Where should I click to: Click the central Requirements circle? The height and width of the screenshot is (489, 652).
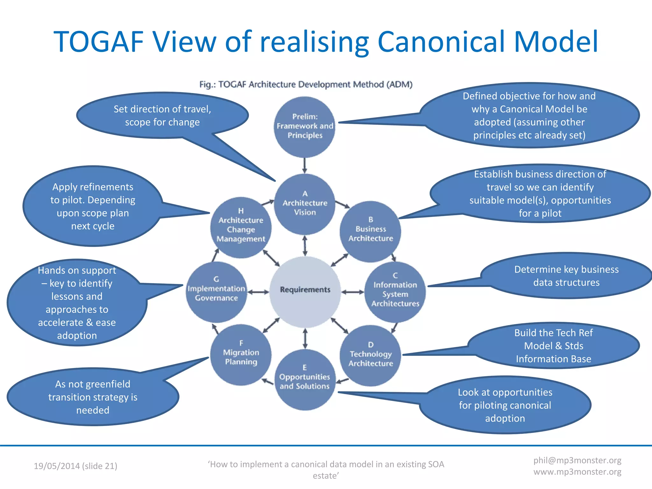(x=305, y=291)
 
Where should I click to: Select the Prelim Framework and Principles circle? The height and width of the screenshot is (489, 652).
(x=305, y=127)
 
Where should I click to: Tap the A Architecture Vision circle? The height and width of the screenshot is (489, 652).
(x=305, y=204)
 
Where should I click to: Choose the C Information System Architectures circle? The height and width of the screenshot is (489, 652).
(x=395, y=291)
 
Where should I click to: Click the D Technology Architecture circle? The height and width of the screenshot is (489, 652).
(x=370, y=355)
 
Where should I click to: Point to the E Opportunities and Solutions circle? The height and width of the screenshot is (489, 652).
(x=305, y=379)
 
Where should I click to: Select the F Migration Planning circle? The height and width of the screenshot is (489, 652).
(x=241, y=354)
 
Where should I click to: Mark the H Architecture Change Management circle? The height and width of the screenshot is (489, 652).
(x=241, y=227)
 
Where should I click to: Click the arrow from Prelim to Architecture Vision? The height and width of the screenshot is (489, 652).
(x=305, y=165)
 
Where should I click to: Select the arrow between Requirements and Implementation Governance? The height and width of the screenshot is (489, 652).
(x=258, y=292)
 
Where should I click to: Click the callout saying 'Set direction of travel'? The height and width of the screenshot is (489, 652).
(x=162, y=116)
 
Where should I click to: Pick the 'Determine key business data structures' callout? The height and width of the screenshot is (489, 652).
(x=566, y=276)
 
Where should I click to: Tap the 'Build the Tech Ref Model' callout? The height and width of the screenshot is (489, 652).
(x=553, y=346)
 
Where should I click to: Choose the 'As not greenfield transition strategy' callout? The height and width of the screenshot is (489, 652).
(x=93, y=397)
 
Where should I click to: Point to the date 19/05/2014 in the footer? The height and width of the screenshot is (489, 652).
(x=57, y=466)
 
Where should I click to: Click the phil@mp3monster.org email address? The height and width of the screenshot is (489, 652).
(x=577, y=460)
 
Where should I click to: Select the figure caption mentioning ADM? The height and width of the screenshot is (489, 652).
(x=306, y=84)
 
